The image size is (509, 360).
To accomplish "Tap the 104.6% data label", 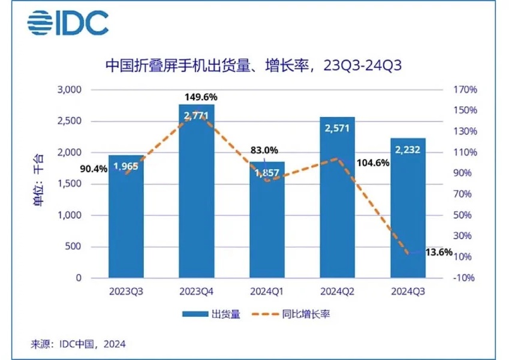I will click(x=373, y=163).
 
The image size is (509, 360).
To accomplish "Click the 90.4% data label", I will click(x=94, y=169).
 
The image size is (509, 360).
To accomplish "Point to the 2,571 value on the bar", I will click(x=337, y=128).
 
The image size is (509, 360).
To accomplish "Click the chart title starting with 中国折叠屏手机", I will click(x=252, y=65).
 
